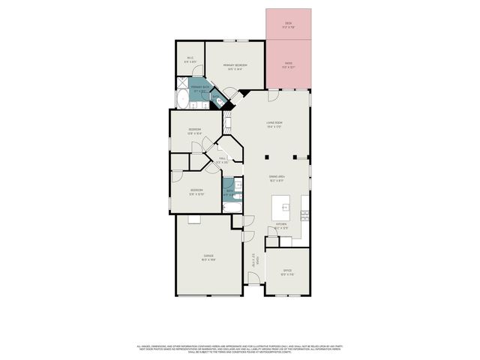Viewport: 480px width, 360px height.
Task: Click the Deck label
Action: tap(288, 24)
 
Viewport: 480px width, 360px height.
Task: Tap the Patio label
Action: tap(288, 64)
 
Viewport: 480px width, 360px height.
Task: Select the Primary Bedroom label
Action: tap(235, 66)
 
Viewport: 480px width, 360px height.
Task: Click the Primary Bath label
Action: tap(199, 88)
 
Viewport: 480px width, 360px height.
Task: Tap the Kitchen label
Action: tap(281, 225)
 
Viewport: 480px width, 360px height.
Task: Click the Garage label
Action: tap(208, 256)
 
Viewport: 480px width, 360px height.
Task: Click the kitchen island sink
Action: tap(284, 205)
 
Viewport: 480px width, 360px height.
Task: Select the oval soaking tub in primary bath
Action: tap(182, 100)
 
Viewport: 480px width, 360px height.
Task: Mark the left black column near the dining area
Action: tap(267, 157)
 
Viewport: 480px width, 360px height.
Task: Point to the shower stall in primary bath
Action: tap(182, 84)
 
